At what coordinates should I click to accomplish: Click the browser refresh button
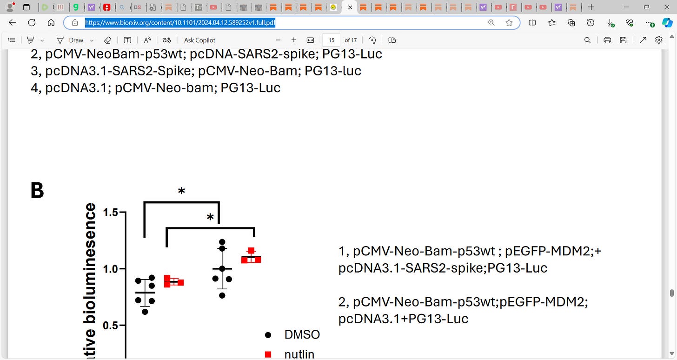tap(32, 22)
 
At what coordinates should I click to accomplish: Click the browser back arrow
tap(12, 22)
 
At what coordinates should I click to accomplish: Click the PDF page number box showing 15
tap(332, 40)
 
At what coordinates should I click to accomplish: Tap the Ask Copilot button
tap(199, 40)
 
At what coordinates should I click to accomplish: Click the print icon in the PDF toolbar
tap(607, 40)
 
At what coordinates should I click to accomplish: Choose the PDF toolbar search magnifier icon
tap(587, 40)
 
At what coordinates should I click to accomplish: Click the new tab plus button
tap(591, 7)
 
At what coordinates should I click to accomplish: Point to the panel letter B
tap(37, 191)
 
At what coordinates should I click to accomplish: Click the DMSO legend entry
tap(302, 334)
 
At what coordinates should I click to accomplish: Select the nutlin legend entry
tap(299, 354)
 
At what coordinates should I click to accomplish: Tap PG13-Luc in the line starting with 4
tap(250, 87)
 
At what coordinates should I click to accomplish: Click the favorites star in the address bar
tap(509, 22)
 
